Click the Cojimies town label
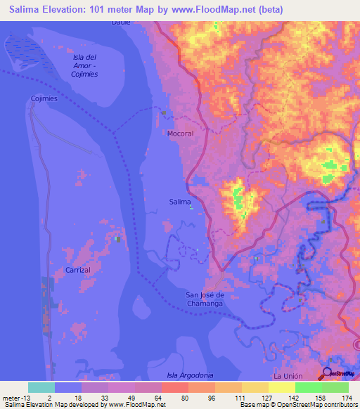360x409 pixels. (44, 99)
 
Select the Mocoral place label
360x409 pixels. (180, 133)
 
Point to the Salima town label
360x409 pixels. (180, 202)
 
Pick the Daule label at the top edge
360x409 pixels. (121, 22)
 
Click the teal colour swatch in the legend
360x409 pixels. (41, 387)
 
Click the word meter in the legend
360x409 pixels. (11, 397)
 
